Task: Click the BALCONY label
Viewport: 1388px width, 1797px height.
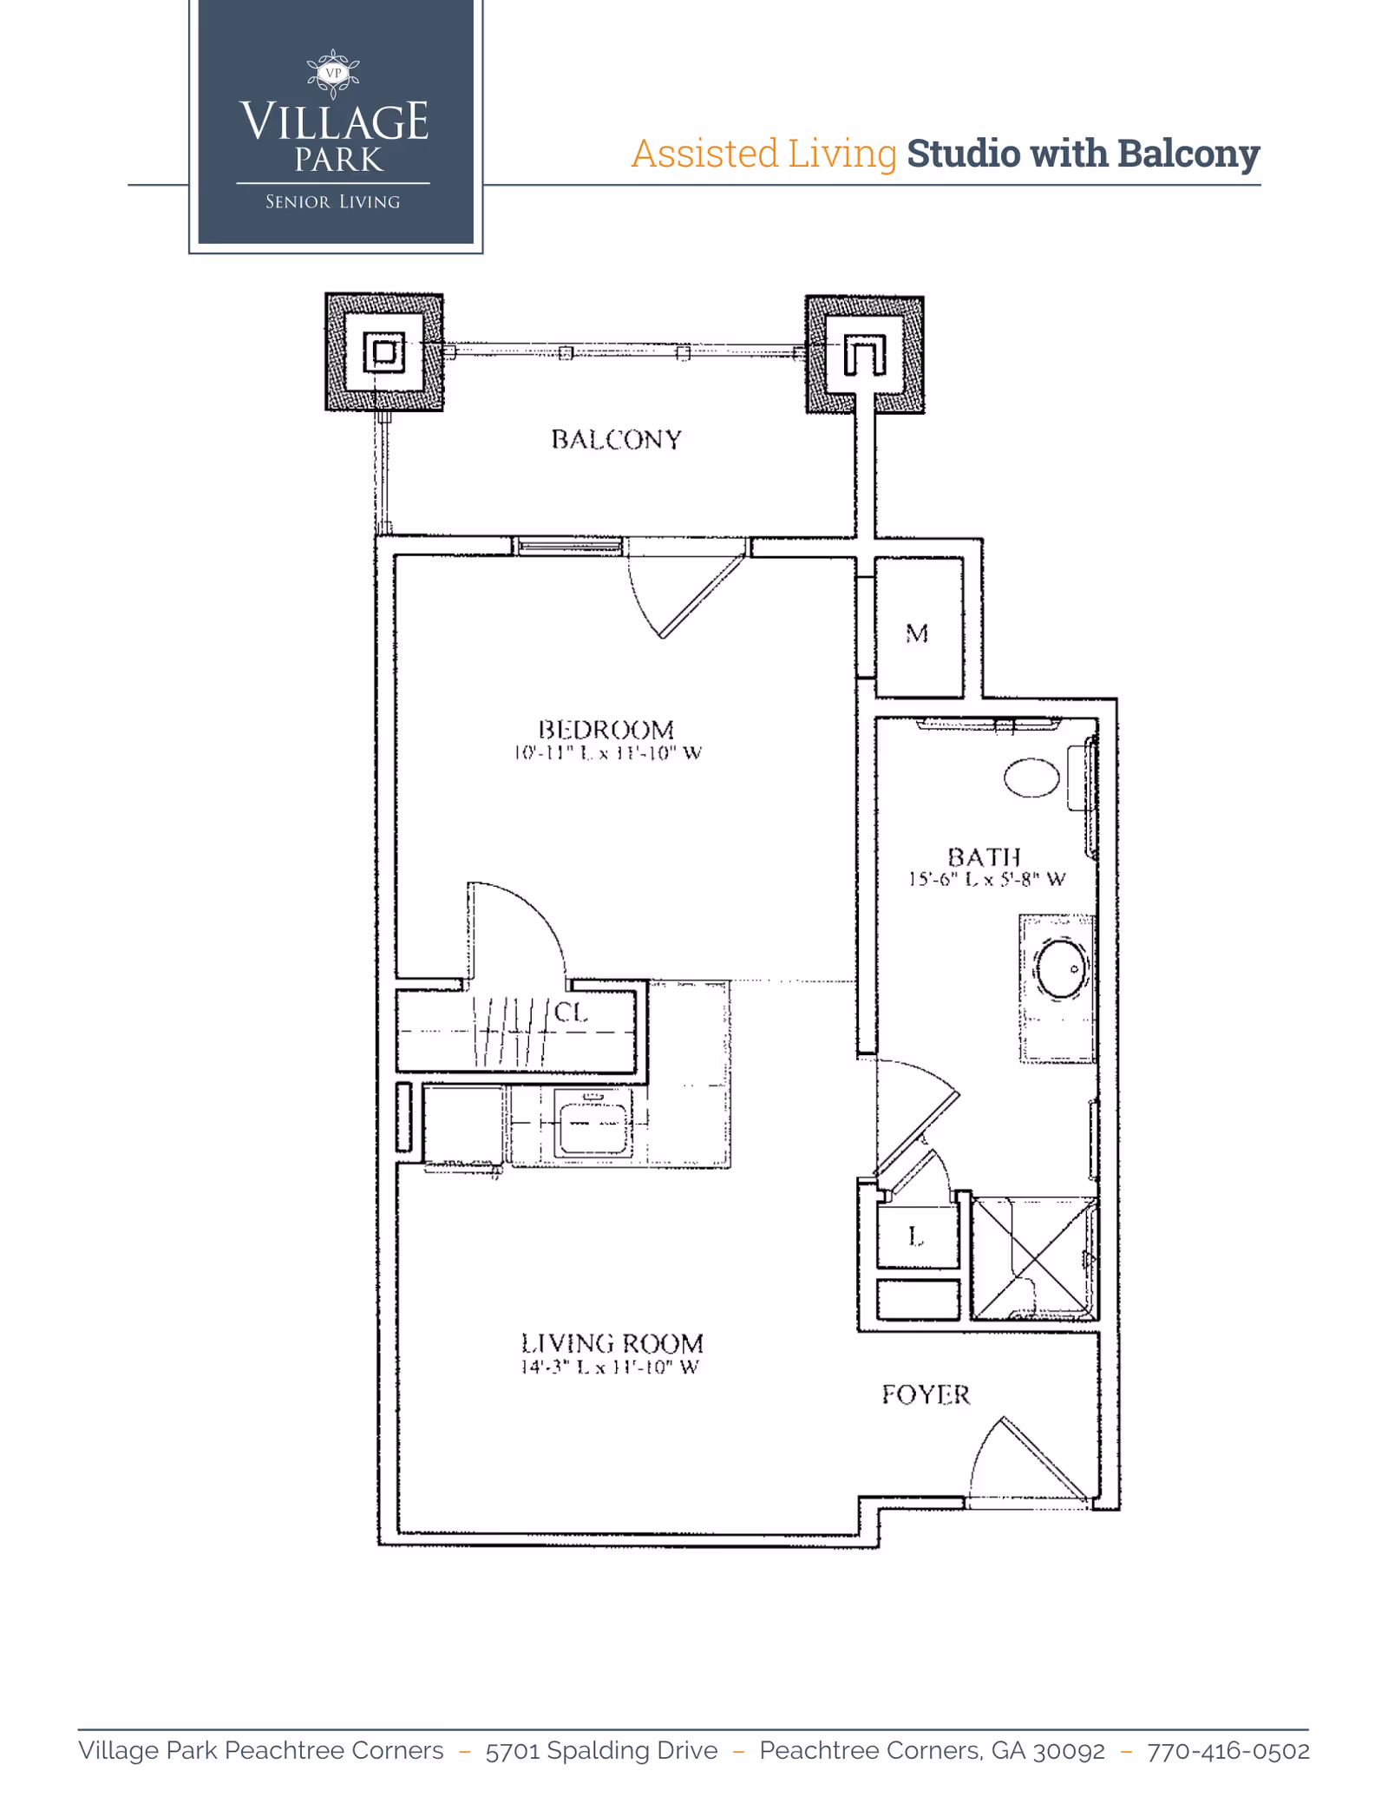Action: [616, 440]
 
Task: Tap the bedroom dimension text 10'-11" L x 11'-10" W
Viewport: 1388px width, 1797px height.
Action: [607, 753]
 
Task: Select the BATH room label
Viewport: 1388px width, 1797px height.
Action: [984, 857]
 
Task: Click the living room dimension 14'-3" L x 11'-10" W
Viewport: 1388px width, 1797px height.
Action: [609, 1367]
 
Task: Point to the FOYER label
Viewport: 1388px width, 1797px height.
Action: [926, 1395]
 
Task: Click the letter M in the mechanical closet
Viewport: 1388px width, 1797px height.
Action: [917, 634]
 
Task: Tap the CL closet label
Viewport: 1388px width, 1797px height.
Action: [571, 1012]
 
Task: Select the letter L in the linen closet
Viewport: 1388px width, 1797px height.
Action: [916, 1236]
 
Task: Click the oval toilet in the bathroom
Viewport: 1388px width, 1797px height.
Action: [1031, 777]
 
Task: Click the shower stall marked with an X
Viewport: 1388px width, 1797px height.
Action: [1034, 1259]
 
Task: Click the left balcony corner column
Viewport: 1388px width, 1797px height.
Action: [384, 352]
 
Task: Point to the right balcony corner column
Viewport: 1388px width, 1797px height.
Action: [864, 354]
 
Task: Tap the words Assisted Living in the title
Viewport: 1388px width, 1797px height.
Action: [763, 154]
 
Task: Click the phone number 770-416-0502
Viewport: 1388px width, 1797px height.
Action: [1228, 1751]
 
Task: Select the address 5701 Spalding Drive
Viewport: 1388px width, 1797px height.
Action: [601, 1751]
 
